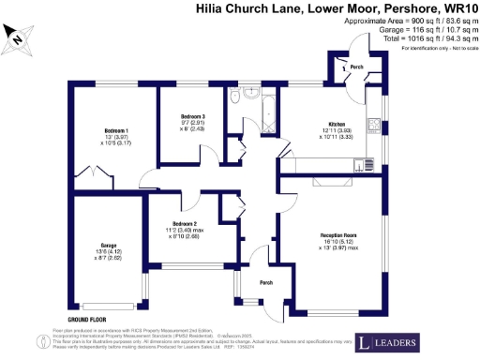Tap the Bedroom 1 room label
pyautogui.click(x=116, y=130)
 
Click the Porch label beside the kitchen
pyautogui.click(x=355, y=67)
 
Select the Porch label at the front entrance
pyautogui.click(x=266, y=282)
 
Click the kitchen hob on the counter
pyautogui.click(x=359, y=166)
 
